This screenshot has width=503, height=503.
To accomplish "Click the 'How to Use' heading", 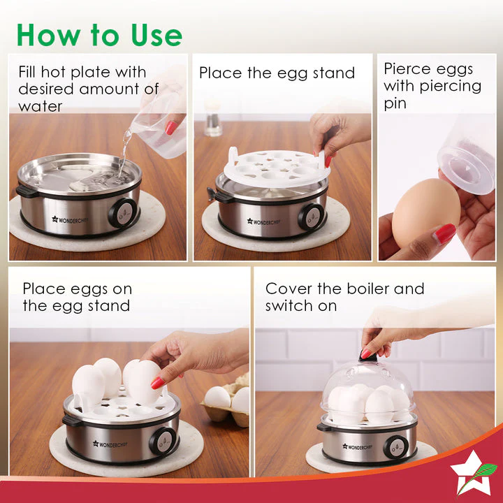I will click(99, 34).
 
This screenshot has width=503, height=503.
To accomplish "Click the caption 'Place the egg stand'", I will click(277, 73).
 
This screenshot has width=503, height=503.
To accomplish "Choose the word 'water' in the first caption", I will click(41, 106).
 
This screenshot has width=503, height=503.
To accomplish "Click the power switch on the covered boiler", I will click(395, 445).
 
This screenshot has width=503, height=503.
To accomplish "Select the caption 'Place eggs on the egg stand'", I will click(77, 297).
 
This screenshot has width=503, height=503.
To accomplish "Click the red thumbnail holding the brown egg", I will click(444, 233).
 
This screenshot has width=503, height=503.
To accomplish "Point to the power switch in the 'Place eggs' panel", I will click(163, 441).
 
